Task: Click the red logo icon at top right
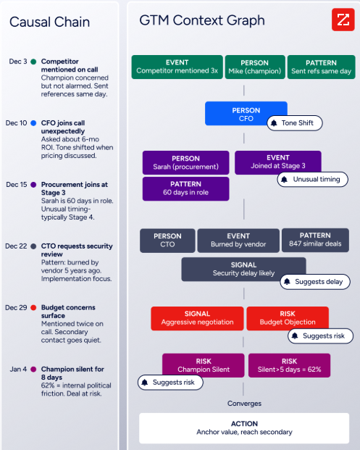point(343,20)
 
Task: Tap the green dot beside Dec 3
point(33,62)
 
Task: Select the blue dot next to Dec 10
point(33,123)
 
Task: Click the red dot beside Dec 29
point(33,308)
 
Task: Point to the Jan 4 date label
point(18,369)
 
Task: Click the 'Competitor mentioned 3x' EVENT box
point(177,67)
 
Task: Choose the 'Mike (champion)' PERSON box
point(255,67)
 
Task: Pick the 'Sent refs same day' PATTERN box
point(322,67)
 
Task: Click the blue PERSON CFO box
point(246,113)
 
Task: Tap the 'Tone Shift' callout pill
point(295,123)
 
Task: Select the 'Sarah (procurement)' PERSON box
point(185,163)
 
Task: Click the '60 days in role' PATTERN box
point(185,188)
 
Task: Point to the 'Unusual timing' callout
point(313,180)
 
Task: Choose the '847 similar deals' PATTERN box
point(315,240)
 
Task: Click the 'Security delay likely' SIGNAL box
point(243,269)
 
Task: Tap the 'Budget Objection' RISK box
point(288,318)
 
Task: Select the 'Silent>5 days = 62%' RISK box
point(289,365)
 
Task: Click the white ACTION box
point(244,428)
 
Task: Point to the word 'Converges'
point(244,404)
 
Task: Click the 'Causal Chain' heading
point(50,22)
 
